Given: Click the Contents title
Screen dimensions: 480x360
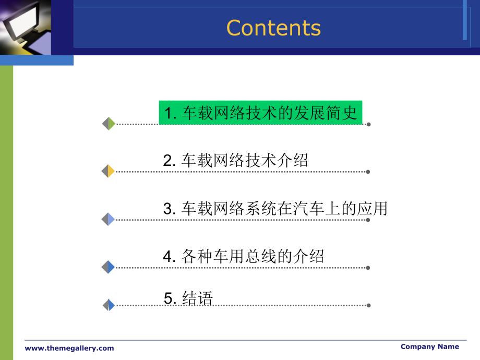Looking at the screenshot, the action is point(273,28).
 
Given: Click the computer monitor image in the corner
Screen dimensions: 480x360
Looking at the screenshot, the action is point(26,28).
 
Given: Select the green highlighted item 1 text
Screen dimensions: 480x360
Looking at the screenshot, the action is point(260,113).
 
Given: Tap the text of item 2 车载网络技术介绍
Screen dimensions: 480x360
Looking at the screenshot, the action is point(235,160).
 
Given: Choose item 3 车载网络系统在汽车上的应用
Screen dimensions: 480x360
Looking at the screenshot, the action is point(275,208).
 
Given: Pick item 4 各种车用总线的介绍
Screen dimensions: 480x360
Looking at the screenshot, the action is point(243,256).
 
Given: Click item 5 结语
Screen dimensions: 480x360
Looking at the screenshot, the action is point(188,298).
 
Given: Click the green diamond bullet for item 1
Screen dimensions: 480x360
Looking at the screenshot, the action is point(109,124).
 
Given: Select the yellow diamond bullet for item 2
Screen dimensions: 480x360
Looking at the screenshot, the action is point(108,171).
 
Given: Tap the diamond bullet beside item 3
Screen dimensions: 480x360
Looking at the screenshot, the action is point(108,219).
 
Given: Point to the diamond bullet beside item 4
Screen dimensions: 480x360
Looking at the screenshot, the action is point(108,267).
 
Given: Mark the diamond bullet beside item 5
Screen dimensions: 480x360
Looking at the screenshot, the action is point(109,305).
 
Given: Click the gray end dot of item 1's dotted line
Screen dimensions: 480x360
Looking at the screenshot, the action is point(368,124).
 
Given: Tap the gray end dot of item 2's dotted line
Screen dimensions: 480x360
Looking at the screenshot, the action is point(368,172).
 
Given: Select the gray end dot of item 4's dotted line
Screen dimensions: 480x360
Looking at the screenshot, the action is point(368,268).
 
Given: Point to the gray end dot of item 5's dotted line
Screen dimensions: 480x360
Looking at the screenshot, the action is point(368,305).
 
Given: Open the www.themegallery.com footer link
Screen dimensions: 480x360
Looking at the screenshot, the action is point(69,348).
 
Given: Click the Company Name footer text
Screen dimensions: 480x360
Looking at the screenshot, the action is point(430,346).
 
